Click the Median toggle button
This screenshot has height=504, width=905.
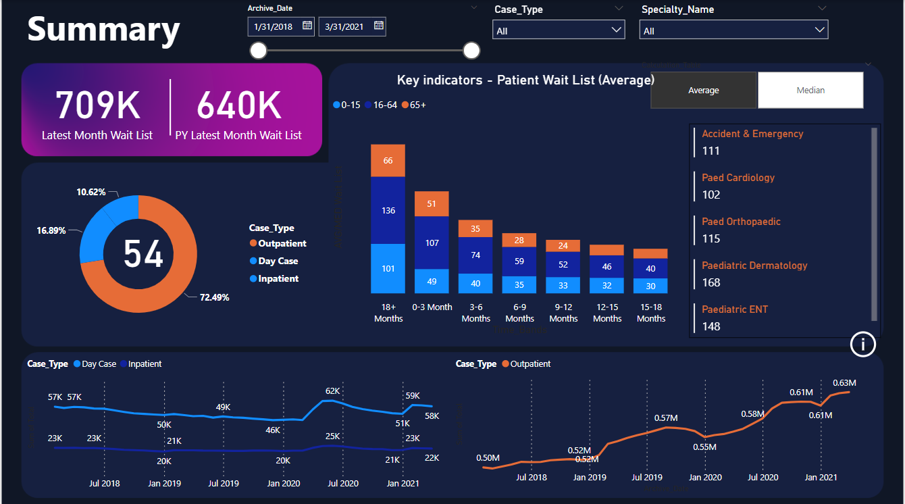point(810,90)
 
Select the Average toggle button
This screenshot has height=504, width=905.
point(703,90)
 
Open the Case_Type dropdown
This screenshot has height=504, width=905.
point(557,30)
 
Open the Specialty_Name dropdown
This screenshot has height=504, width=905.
point(733,30)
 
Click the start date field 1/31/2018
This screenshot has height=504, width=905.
point(274,26)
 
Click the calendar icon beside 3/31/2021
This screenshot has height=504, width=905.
point(379,26)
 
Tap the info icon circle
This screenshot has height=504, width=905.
point(862,345)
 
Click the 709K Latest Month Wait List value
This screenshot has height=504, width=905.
point(97,105)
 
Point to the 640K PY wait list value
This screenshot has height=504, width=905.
point(238,105)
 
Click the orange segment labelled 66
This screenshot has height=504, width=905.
point(388,161)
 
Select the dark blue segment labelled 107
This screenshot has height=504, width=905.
point(432,243)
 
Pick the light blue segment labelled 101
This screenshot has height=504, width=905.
point(388,268)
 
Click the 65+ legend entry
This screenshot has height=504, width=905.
point(414,105)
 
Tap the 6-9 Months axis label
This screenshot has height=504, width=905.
point(519,313)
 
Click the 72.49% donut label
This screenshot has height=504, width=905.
point(215,297)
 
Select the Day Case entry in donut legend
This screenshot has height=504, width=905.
point(278,261)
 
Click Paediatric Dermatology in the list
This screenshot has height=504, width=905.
point(754,266)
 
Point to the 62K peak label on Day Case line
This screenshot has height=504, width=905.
point(332,391)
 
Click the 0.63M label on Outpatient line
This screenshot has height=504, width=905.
point(844,383)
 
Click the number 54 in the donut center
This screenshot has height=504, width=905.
point(143,254)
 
